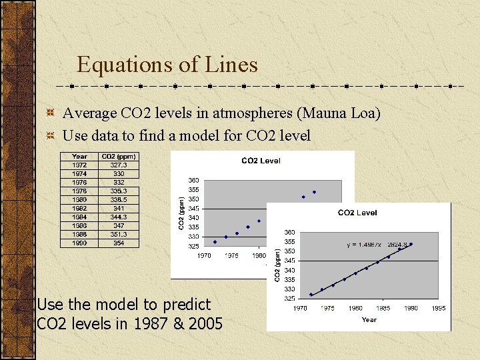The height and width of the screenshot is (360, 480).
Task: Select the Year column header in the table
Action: pos(79,157)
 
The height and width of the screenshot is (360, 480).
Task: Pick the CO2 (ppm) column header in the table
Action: pos(119,157)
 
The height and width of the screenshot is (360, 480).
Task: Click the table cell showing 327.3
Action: pos(119,165)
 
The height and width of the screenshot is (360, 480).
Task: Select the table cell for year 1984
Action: pos(79,217)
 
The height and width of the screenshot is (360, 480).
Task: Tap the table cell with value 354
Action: pos(119,243)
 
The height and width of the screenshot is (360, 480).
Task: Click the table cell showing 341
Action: pos(119,208)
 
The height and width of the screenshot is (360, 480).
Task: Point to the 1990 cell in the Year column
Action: pos(79,243)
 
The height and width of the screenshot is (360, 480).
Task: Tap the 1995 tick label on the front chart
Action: pos(438,308)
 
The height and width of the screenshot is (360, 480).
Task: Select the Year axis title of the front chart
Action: pos(369,320)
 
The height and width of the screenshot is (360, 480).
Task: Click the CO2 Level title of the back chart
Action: pos(261,161)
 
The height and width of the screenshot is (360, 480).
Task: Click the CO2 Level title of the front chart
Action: pos(357,213)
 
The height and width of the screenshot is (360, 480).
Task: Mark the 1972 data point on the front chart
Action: pos(311,295)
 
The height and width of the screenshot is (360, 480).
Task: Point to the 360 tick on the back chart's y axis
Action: pos(193,181)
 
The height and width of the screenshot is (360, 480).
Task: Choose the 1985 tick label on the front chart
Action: pos(383,308)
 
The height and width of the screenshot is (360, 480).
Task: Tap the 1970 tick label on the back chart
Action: pos(204,255)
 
